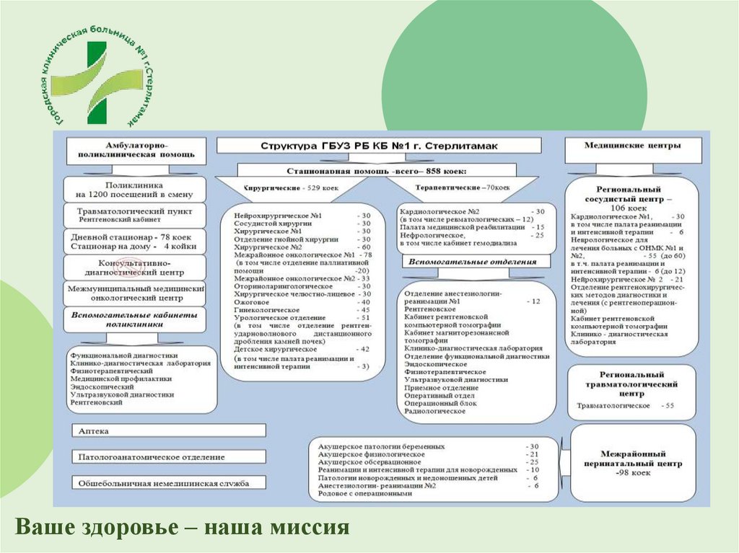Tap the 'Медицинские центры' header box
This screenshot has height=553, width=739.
[632, 146]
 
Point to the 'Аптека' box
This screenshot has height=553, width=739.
[168, 430]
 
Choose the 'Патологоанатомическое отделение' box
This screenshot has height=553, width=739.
[168, 457]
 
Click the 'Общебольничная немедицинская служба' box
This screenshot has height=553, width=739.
[168, 483]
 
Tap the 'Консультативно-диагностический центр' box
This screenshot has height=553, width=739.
[134, 268]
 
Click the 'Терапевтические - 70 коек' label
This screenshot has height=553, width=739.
[463, 187]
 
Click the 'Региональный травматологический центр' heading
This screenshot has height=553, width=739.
[631, 385]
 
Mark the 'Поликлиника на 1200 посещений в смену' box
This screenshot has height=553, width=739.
[134, 190]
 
